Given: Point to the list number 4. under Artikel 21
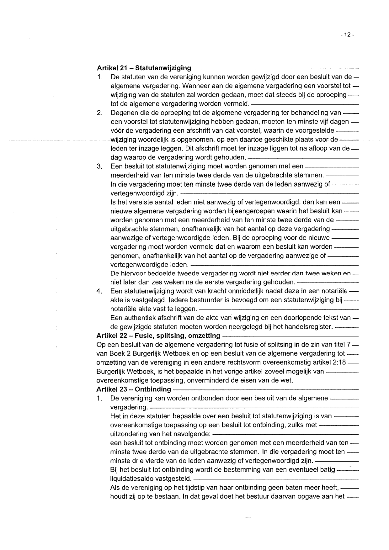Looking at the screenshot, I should coord(99,291).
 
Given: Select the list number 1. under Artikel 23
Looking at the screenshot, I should coord(99,399).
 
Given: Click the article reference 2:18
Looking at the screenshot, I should coord(339,363).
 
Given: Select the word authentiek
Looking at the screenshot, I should coord(139,318).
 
